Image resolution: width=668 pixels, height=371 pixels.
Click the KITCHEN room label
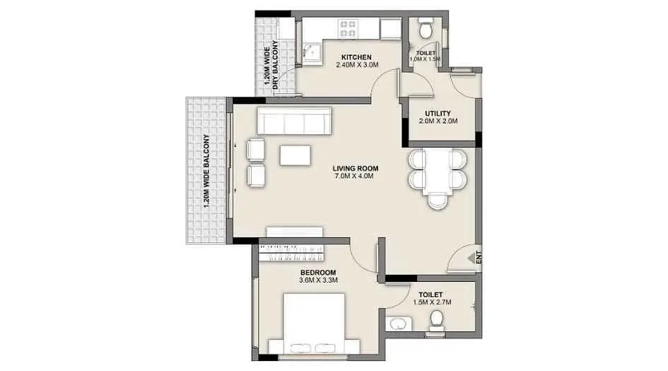tap(356, 57)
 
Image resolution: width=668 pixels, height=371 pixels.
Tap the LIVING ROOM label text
tap(356, 168)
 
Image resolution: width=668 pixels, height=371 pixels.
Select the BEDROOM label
tap(318, 273)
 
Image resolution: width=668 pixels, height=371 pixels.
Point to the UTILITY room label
tap(438, 114)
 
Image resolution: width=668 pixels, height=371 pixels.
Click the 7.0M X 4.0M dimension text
tap(354, 176)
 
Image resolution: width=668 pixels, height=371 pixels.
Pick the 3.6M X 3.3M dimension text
tap(318, 281)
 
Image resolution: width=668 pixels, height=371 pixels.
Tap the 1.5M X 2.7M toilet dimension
tap(432, 302)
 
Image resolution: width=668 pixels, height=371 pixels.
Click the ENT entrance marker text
tap(479, 257)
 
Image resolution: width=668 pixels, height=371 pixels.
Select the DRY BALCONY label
tap(275, 64)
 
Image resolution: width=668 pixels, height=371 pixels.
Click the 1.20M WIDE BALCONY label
tap(206, 171)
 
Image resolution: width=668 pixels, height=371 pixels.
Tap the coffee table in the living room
tap(295, 155)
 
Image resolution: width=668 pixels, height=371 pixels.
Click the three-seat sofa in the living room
tap(294, 121)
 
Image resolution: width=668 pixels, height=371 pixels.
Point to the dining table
tap(437, 171)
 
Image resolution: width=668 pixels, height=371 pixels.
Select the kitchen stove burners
tap(348, 29)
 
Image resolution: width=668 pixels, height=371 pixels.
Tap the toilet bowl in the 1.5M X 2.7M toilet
tap(437, 321)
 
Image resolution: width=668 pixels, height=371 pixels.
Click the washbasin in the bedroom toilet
tap(399, 324)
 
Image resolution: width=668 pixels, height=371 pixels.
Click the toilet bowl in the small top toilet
tap(425, 28)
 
